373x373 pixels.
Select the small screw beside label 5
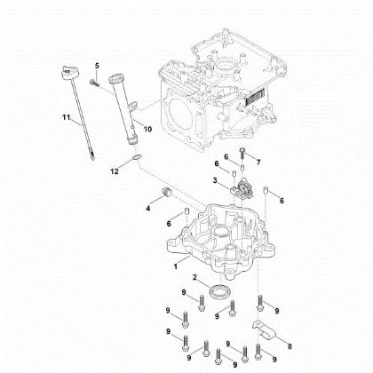[x=92, y=83]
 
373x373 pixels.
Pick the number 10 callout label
[x=147, y=129]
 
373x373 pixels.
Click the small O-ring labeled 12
[x=132, y=157]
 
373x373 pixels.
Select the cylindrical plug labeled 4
[x=163, y=194]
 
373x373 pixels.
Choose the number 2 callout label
[x=194, y=280]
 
